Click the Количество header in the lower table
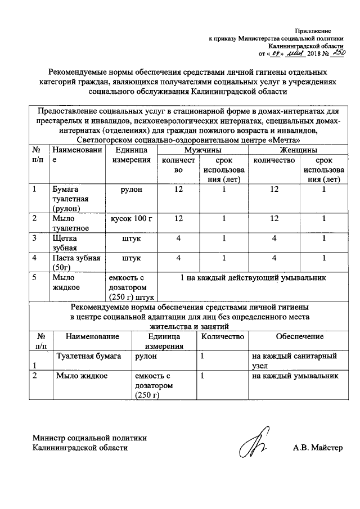(x=222, y=336)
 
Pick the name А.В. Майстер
(x=317, y=448)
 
